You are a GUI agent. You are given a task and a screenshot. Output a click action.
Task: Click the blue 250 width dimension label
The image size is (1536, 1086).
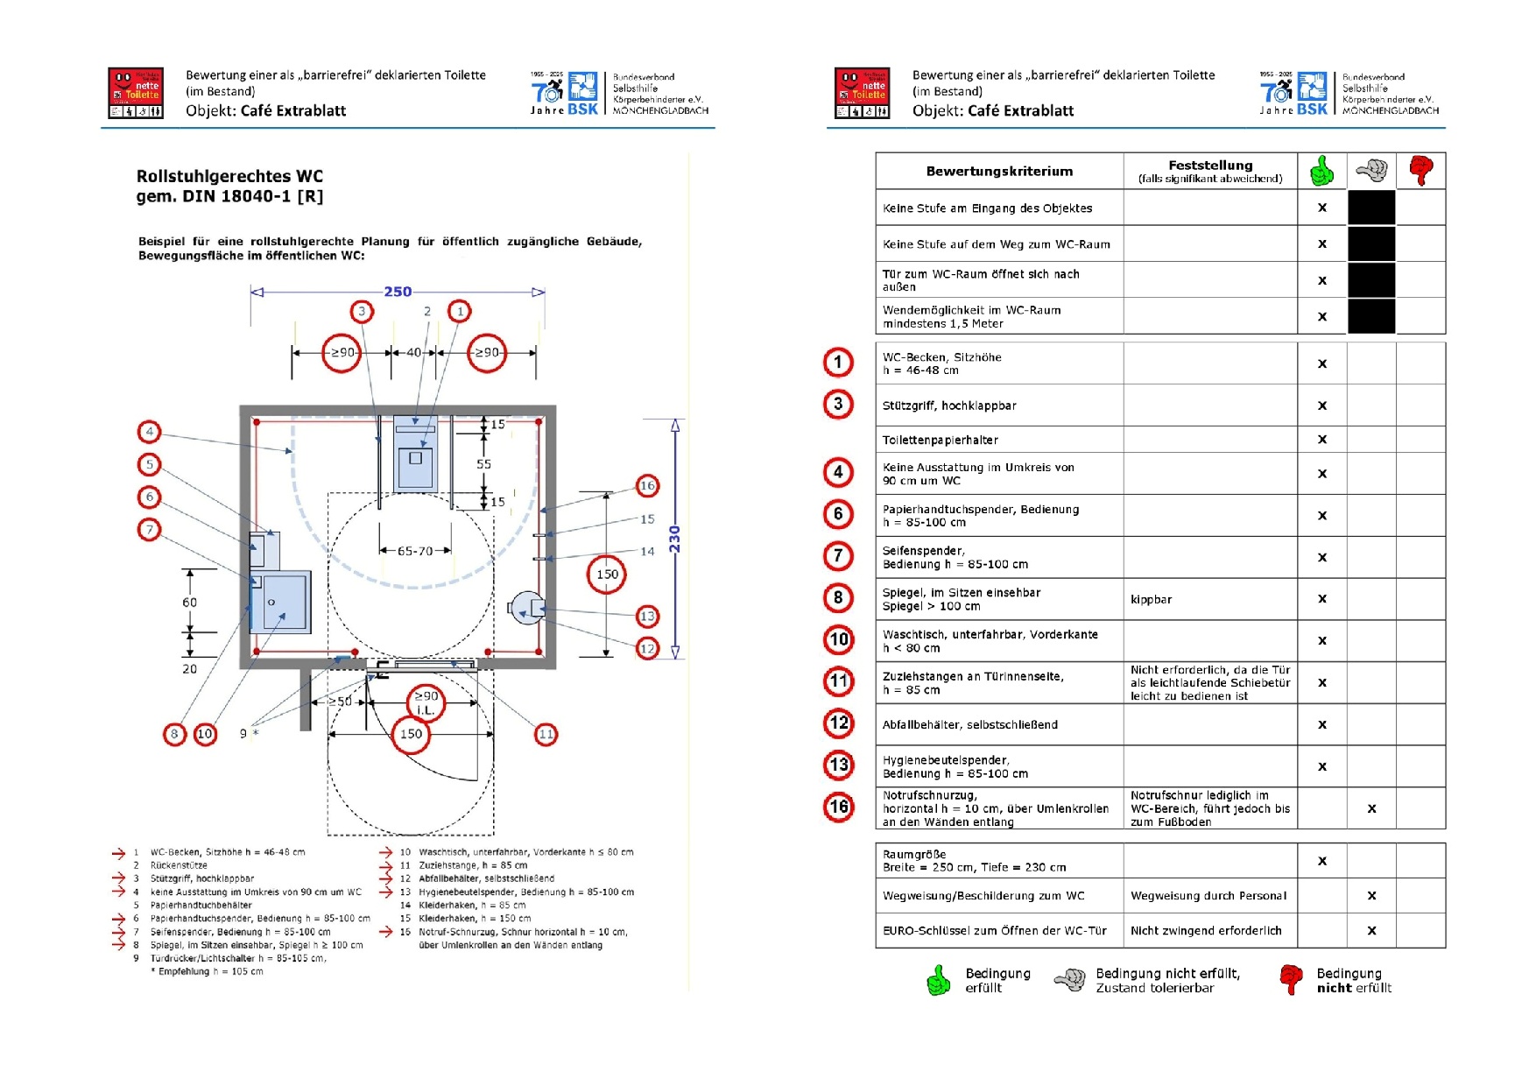click(398, 292)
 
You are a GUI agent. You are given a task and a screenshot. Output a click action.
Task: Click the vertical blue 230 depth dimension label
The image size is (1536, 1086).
click(674, 539)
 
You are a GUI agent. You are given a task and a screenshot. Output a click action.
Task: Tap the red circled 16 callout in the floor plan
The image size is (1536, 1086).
click(647, 485)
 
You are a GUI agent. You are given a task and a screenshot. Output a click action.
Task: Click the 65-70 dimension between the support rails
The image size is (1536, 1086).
click(415, 551)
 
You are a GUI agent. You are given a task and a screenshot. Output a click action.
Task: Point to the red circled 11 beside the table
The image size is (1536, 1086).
click(839, 681)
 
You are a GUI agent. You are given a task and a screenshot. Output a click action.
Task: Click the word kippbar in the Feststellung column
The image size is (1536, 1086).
click(1151, 600)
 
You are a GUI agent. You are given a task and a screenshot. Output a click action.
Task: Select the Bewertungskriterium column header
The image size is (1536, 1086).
click(999, 172)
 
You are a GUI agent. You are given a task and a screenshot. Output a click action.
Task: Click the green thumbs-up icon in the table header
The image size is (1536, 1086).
click(1321, 171)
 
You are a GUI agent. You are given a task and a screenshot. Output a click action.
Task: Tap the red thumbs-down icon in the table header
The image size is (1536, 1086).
click(1420, 170)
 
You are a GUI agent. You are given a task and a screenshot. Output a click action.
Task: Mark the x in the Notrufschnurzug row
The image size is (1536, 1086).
click(1371, 809)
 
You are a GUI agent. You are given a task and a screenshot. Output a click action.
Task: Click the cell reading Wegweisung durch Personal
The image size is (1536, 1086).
click(1208, 896)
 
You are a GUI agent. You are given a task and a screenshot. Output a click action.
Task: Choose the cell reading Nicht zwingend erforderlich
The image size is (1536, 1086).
click(1206, 931)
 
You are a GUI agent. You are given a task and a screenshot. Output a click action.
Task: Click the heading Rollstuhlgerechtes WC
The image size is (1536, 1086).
click(229, 176)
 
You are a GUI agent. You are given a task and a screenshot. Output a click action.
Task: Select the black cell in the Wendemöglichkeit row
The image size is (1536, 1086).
click(1370, 316)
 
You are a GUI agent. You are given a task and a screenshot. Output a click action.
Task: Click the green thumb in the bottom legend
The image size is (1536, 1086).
click(938, 980)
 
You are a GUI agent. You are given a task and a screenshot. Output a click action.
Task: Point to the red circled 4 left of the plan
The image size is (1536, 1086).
click(150, 432)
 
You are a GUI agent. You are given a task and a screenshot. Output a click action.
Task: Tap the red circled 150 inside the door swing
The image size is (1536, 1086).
click(411, 734)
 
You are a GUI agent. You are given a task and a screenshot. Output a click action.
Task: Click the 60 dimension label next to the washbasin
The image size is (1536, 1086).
click(190, 603)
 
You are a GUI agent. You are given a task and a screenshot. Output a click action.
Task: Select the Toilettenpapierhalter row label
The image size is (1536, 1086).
click(941, 440)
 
